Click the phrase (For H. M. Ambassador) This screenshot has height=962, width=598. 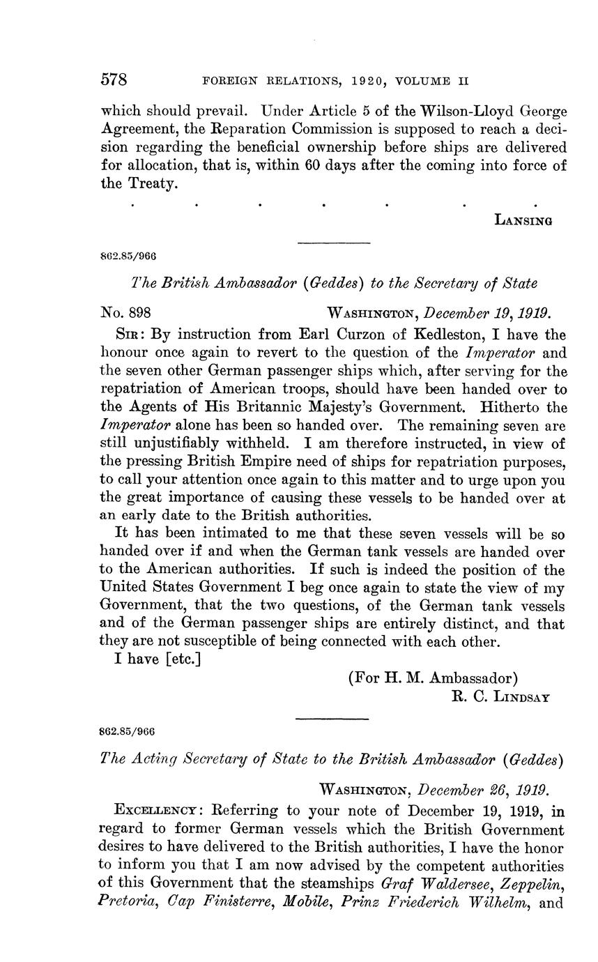[433, 678]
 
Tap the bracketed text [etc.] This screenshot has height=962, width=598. [183, 659]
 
